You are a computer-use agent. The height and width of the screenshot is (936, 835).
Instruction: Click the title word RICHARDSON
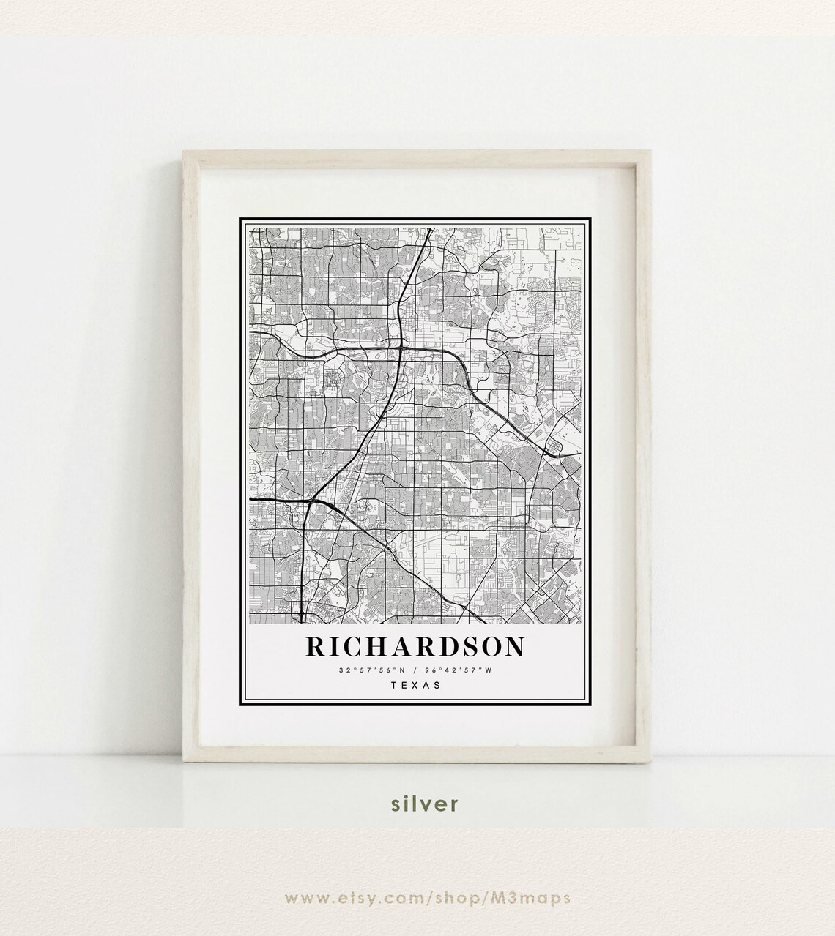click(x=415, y=646)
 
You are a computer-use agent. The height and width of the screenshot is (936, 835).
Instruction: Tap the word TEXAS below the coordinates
click(x=415, y=686)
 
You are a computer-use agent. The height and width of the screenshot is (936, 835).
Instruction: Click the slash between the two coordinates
click(x=415, y=670)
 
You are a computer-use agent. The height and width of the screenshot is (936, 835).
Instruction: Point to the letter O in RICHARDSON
click(x=489, y=646)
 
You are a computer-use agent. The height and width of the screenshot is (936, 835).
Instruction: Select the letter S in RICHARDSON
click(x=467, y=646)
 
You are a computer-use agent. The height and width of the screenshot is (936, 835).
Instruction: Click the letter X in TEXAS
click(x=415, y=686)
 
